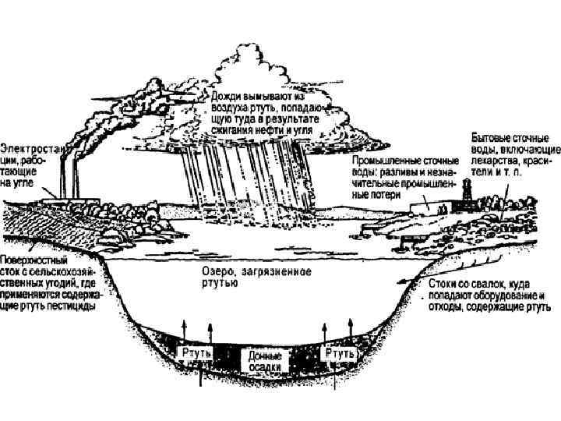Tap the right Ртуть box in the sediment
pos(340,352)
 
